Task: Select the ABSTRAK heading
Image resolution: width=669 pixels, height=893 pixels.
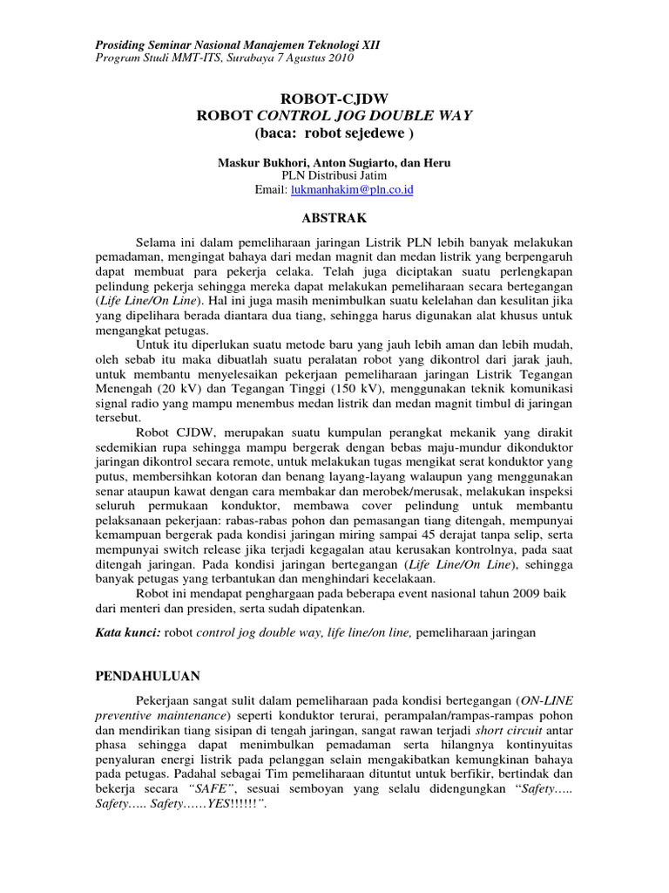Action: coord(334,217)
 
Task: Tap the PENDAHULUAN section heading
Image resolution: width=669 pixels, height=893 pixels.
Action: coord(146,676)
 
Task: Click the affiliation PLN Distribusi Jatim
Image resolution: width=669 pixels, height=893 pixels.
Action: coord(334,175)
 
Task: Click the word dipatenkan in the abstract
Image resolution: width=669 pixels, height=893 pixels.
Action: coord(312,610)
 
